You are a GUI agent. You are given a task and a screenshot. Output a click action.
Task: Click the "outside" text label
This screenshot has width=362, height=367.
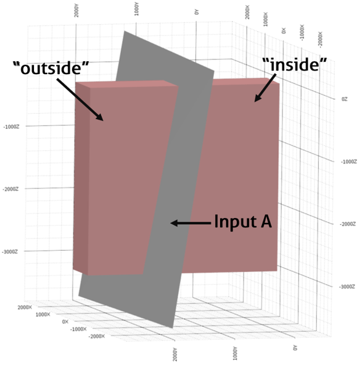pos(51,67)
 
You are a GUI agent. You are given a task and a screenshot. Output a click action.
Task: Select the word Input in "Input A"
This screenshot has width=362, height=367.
pos(235,221)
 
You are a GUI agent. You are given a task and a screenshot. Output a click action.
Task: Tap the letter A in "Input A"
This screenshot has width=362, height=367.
pos(266,221)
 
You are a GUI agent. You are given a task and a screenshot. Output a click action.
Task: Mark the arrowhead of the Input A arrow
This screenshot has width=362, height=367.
pos(174,223)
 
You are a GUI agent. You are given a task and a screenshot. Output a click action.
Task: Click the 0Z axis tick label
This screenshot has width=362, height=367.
pos(344,99)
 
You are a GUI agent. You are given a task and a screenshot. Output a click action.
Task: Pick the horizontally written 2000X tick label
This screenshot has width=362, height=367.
pos(25,307)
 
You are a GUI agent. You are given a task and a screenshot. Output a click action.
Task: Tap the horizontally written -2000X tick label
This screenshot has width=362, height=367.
pos(97,336)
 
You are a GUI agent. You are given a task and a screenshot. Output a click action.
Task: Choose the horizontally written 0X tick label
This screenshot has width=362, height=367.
pos(65,322)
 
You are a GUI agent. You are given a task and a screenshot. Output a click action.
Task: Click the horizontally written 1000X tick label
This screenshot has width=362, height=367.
pos(43,314)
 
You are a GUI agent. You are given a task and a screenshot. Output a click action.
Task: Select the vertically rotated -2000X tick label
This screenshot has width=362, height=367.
pos(320,40)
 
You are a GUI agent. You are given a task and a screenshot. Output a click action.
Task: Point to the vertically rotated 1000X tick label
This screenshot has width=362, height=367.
pos(265,19)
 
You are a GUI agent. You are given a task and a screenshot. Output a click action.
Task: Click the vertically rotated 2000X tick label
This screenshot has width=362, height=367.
pos(247,12)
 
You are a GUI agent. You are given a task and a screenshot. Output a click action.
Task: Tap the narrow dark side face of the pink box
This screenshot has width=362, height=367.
pos(81,179)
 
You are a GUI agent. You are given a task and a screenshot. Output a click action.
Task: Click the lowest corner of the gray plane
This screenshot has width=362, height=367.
pos(172,328)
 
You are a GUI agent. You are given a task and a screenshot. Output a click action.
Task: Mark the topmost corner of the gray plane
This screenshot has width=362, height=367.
pos(125,31)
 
